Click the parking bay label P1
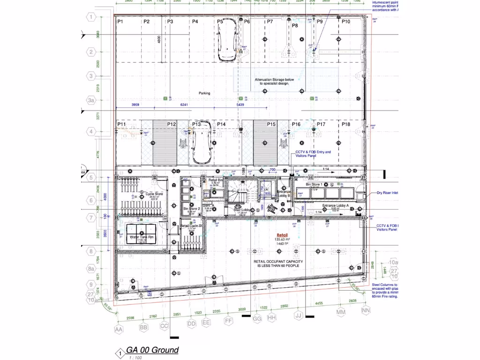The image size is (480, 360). pos(120,22)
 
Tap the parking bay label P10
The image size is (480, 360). pos(346,22)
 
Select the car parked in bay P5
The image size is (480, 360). pos(227,41)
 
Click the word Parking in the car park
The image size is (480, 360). pos(204,93)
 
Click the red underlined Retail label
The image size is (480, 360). pos(282,235)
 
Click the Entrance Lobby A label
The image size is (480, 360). pos(336,206)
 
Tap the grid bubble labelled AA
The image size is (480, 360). pos(119,330)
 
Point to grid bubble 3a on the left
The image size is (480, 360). pos(91,100)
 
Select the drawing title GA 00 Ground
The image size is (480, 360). pos(149,350)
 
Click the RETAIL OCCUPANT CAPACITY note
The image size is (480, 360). pos(277,263)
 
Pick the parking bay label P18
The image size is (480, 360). pos(346,124)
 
